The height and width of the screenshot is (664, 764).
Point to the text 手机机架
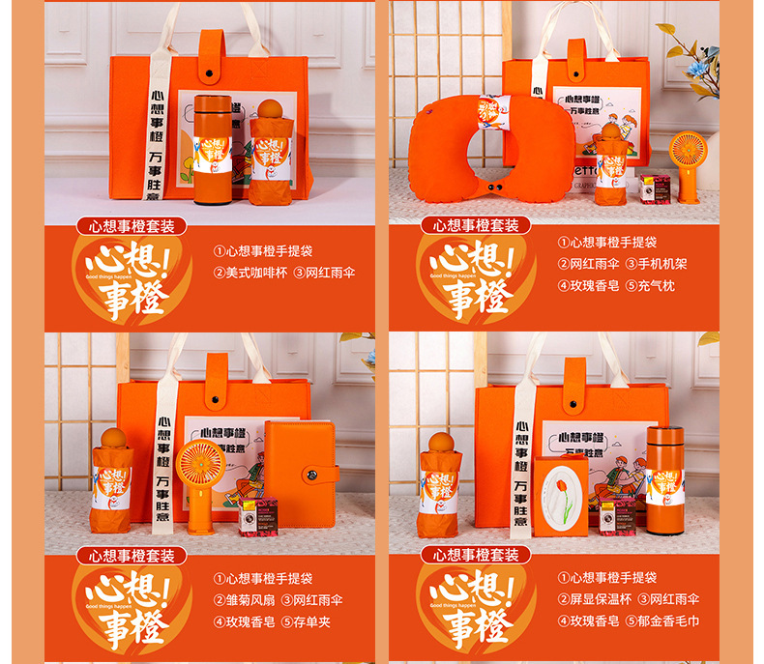[x=668, y=264]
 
